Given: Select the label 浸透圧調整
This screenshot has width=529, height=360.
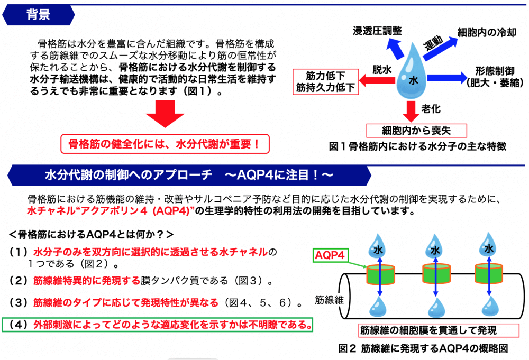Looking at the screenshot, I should coord(377,31).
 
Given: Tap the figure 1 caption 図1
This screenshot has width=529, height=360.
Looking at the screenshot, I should coord(417,147).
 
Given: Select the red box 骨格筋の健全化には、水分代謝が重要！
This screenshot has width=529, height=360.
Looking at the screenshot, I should coord(165,143).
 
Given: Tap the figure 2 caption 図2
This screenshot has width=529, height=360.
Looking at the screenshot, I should coord(423,349).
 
